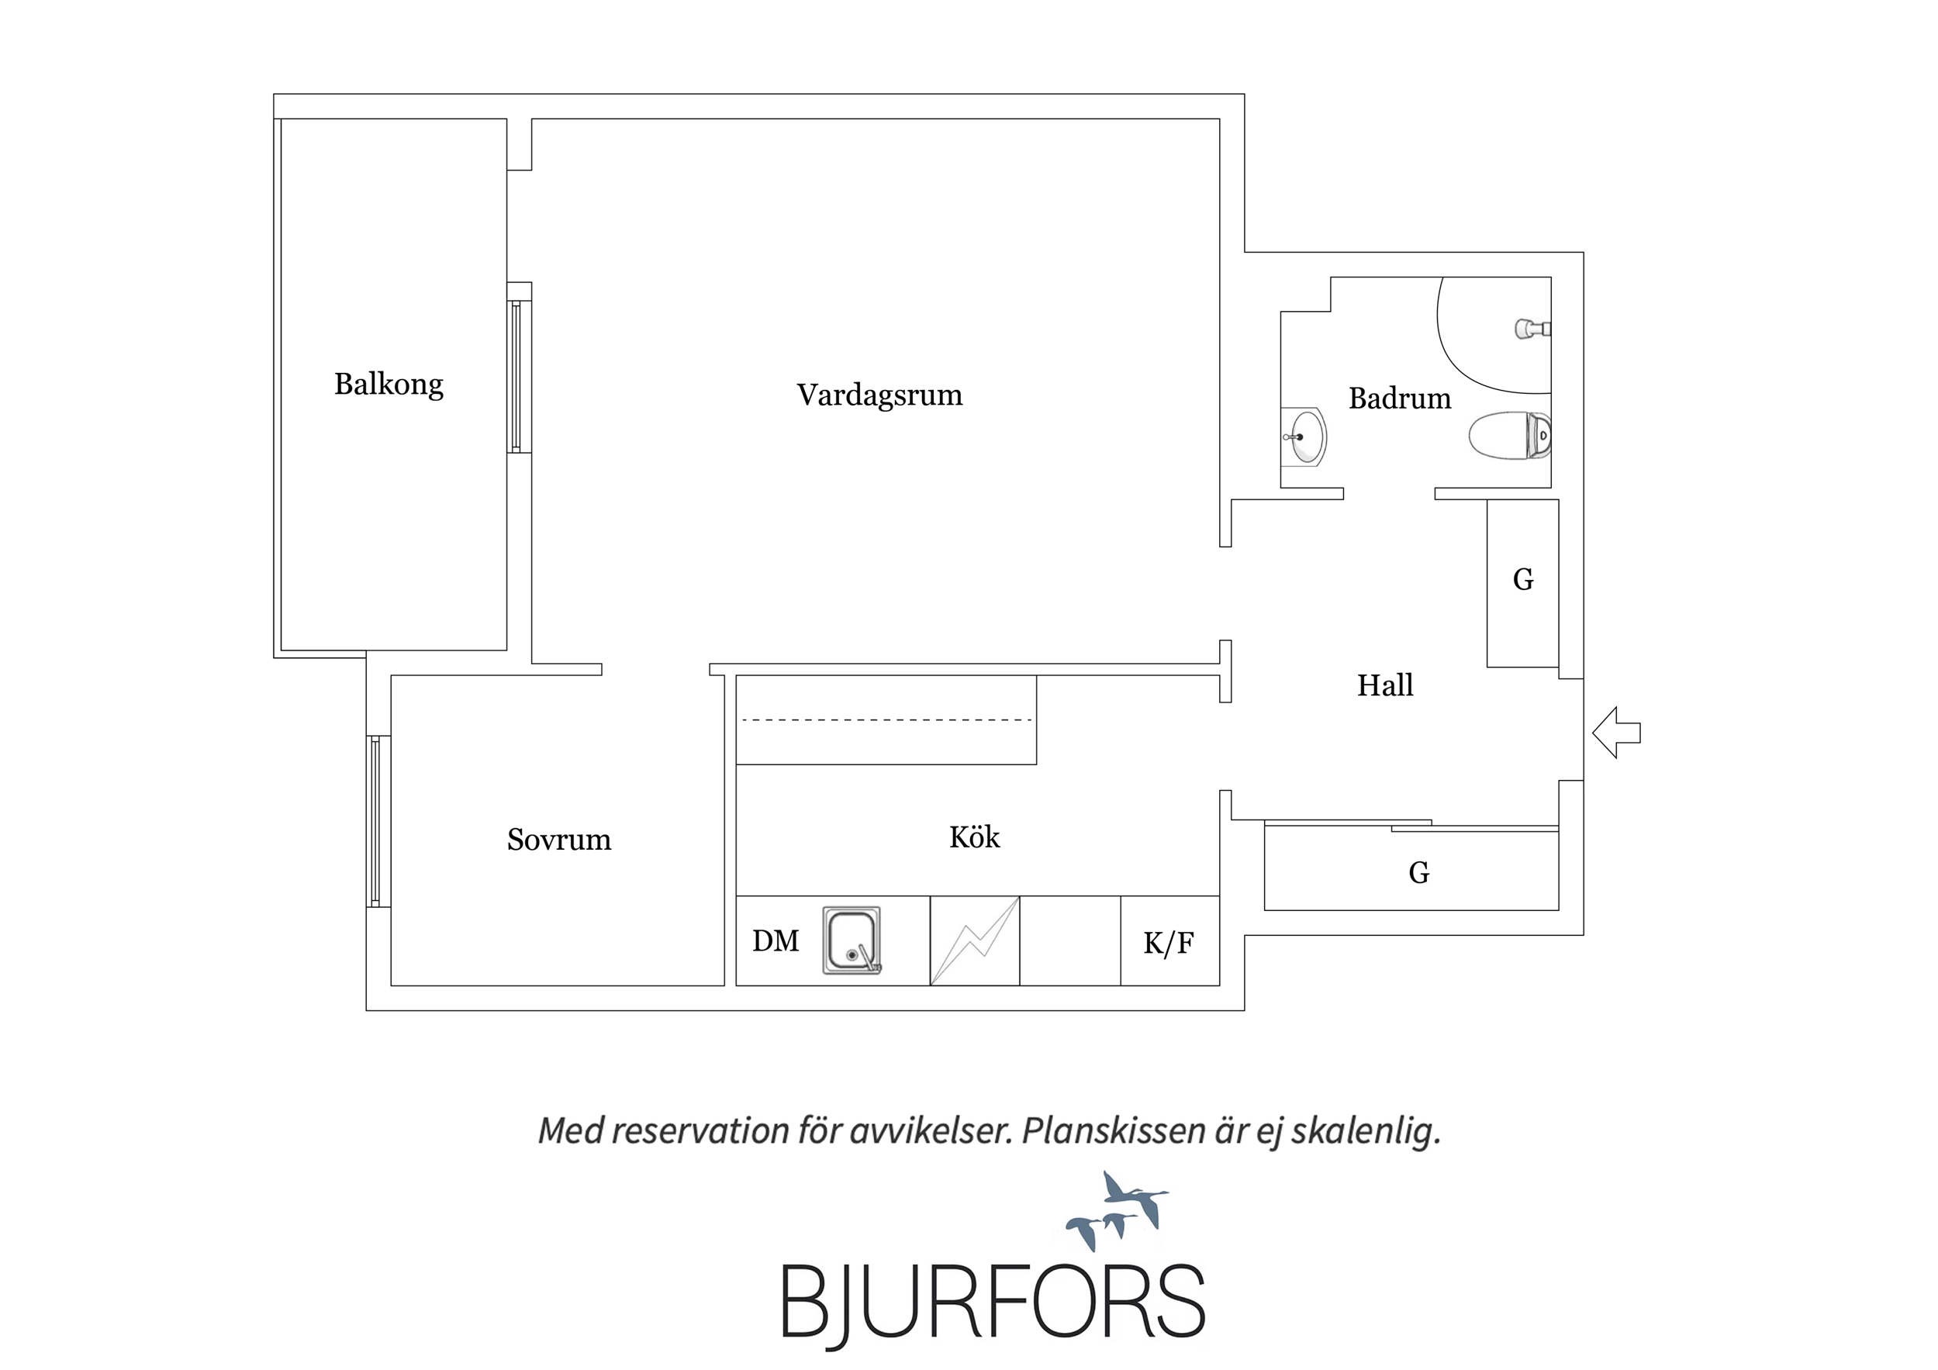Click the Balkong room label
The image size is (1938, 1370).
[389, 385]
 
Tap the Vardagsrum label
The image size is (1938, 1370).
[879, 395]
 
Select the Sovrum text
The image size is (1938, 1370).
[559, 839]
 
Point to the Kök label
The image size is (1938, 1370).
[974, 837]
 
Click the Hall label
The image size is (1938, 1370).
[1385, 685]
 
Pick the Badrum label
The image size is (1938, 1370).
[1400, 398]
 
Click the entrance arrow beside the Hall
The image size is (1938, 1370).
[1616, 733]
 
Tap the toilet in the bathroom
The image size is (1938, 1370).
[1510, 436]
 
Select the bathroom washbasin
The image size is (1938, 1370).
[1304, 437]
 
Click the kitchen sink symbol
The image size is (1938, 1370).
[852, 940]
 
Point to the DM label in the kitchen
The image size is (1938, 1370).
[775, 940]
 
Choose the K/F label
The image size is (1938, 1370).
[1168, 943]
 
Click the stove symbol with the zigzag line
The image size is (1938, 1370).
[975, 940]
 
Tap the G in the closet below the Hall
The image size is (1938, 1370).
[1419, 872]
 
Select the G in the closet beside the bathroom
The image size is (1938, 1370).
[1523, 579]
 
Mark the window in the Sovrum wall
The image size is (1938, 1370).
[378, 821]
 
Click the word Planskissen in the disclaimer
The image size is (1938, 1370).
[1114, 1131]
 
